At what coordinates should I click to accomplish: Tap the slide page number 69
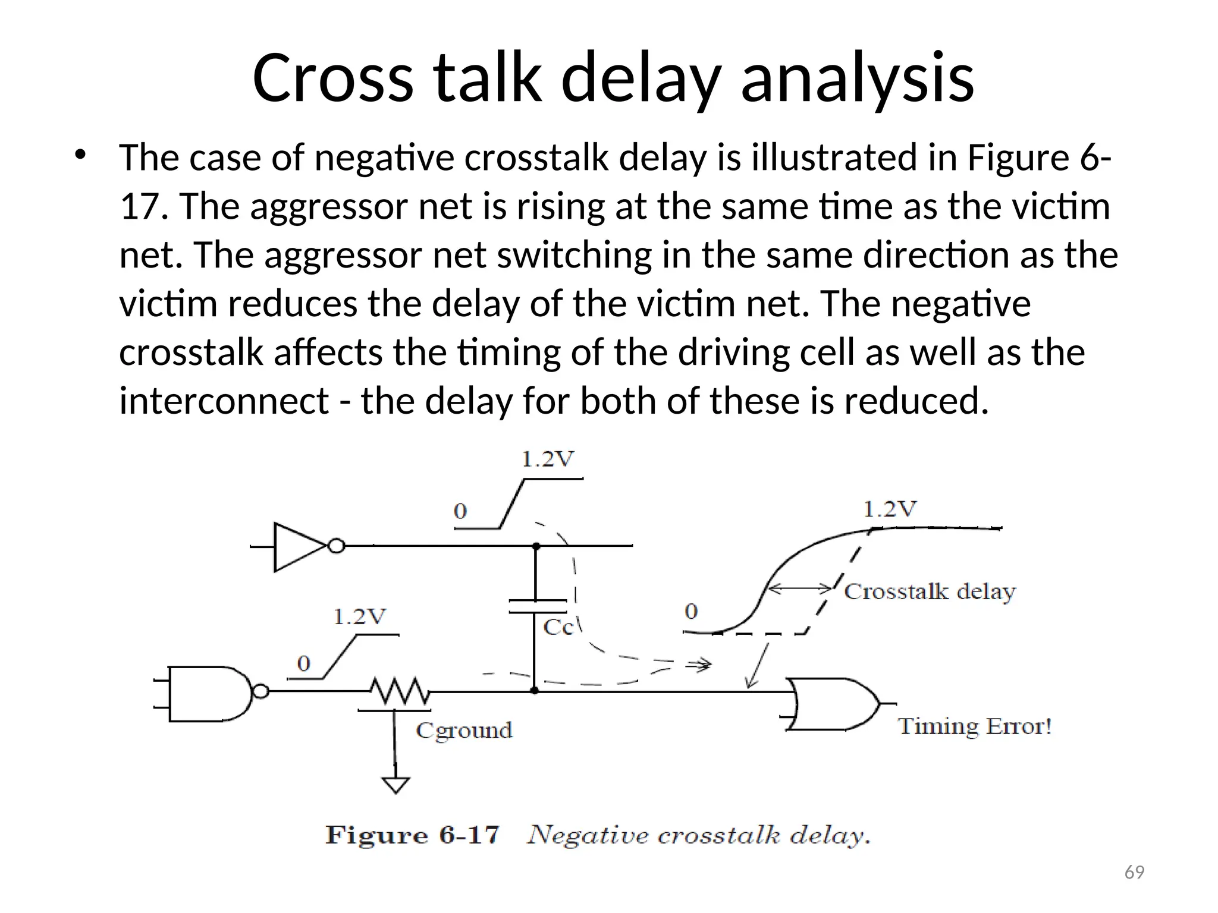[x=1134, y=873]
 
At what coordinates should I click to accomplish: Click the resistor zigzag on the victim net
[x=400, y=691]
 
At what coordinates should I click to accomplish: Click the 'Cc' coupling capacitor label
[x=558, y=627]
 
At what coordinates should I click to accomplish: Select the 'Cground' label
[x=464, y=731]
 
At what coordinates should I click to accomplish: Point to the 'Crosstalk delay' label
[x=930, y=591]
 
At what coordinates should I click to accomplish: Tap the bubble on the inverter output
[x=337, y=546]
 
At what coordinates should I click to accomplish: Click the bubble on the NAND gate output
[x=260, y=691]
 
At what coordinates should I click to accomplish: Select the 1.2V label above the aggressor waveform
[x=548, y=459]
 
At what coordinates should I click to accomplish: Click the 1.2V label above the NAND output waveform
[x=359, y=617]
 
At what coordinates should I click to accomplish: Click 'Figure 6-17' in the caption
[x=412, y=835]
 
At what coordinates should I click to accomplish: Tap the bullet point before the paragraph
[x=80, y=155]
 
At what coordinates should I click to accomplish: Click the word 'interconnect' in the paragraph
[x=224, y=401]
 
